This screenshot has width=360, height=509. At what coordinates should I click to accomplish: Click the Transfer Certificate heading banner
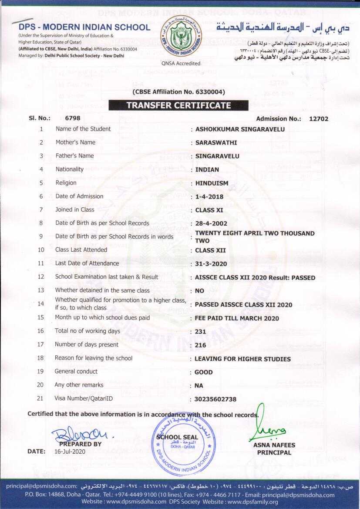(178, 105)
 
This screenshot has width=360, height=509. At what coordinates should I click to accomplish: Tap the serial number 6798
(72, 118)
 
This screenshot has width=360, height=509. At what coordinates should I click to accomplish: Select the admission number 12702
(319, 118)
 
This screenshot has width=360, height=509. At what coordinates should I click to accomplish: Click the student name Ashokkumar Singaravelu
(240, 129)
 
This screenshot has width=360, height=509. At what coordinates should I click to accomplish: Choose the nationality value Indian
(207, 169)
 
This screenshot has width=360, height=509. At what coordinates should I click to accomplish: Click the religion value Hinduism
(212, 183)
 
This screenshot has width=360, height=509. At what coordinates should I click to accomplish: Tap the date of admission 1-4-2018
(209, 196)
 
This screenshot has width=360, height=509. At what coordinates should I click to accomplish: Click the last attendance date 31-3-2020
(211, 264)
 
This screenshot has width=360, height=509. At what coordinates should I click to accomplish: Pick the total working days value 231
(200, 331)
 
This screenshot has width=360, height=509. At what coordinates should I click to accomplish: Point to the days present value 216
(200, 345)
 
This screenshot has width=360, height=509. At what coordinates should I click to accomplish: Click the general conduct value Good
(203, 372)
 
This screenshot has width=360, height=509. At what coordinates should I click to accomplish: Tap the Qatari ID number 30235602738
(215, 399)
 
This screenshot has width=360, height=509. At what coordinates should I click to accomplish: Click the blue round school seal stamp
(183, 441)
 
